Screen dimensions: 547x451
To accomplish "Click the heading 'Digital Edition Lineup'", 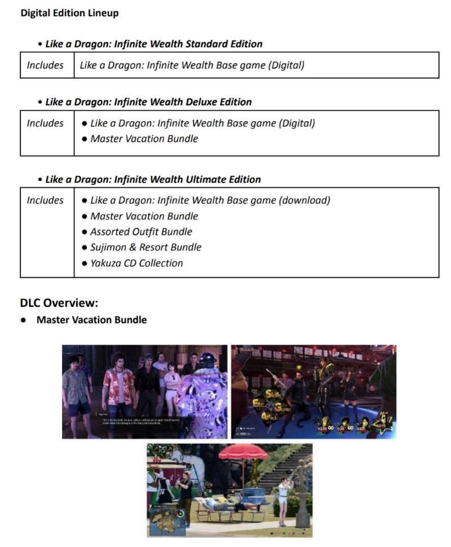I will pyautogui.click(x=69, y=13).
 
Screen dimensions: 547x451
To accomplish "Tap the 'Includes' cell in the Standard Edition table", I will pyautogui.click(x=45, y=65).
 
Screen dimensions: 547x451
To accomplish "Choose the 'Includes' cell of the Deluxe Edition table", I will pyautogui.click(x=45, y=123).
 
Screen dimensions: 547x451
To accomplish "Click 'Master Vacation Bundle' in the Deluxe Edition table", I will pyautogui.click(x=144, y=138).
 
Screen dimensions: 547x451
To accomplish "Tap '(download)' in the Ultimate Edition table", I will pyautogui.click(x=304, y=200).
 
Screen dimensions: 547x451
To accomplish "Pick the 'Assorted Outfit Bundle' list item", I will pyautogui.click(x=141, y=232).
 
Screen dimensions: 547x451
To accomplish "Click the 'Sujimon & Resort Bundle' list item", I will pyautogui.click(x=145, y=247).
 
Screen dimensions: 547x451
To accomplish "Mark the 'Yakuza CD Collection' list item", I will pyautogui.click(x=136, y=263).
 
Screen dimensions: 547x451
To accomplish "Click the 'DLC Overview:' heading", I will pyautogui.click(x=59, y=303).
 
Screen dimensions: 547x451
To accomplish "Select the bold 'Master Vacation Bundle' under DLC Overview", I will pyautogui.click(x=91, y=320).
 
